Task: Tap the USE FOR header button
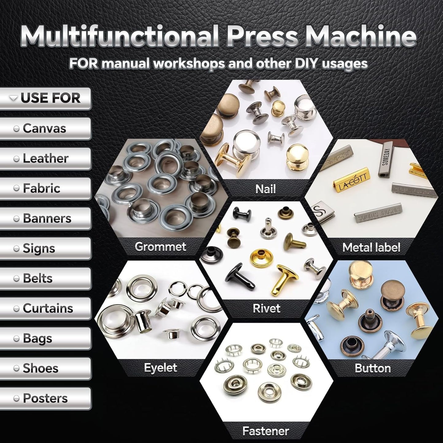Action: pyautogui.click(x=45, y=98)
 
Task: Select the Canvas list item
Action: pyautogui.click(x=45, y=128)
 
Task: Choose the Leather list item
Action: pyautogui.click(x=45, y=158)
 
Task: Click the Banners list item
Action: pyautogui.click(x=45, y=219)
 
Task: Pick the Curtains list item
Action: pyautogui.click(x=45, y=308)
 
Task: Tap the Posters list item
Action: pyautogui.click(x=45, y=398)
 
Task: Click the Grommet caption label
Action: pyautogui.click(x=160, y=247)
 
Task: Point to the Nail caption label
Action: pyautogui.click(x=265, y=189)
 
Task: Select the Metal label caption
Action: pyautogui.click(x=371, y=247)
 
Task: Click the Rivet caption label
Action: pyautogui.click(x=266, y=308)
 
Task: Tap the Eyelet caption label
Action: pyautogui.click(x=161, y=368)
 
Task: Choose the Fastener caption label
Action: pyautogui.click(x=265, y=431)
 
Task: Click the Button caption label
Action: pyautogui.click(x=372, y=368)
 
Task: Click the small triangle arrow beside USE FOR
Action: pyautogui.click(x=13, y=98)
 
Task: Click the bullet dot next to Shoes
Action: pyautogui.click(x=17, y=369)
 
